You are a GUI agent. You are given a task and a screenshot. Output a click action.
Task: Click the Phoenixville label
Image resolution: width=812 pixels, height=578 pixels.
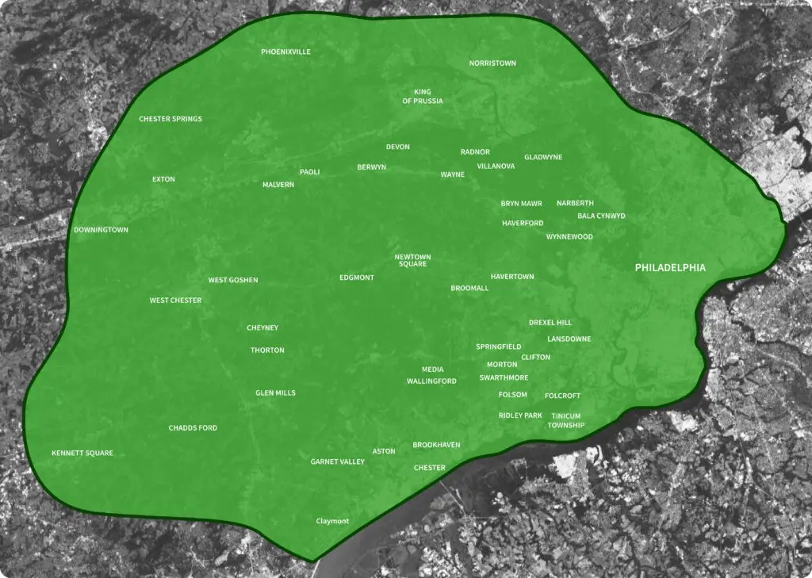(x=285, y=52)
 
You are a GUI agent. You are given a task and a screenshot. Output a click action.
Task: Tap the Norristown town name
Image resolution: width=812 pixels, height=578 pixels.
(x=492, y=63)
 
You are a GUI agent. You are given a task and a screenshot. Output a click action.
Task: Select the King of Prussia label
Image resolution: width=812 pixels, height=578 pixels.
(x=423, y=97)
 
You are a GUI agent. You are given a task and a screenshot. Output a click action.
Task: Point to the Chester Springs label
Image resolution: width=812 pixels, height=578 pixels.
(x=170, y=119)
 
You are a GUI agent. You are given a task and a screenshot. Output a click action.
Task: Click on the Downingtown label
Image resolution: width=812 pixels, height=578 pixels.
(x=101, y=230)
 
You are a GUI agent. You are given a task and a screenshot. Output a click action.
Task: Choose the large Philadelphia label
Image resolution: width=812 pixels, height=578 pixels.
(x=670, y=268)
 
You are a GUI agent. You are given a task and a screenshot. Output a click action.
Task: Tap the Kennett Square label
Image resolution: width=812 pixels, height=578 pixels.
(x=82, y=454)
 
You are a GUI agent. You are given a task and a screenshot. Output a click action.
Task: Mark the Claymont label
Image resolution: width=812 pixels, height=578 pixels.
(x=332, y=521)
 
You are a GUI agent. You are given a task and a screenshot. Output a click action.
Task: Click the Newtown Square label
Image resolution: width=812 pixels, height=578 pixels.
(x=413, y=260)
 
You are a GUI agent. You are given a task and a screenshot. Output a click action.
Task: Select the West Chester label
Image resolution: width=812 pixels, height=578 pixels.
(x=175, y=300)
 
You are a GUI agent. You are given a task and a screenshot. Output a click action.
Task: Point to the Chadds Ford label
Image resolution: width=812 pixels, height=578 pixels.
(x=193, y=428)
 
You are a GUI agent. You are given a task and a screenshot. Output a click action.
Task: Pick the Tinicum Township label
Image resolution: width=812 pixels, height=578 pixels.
(x=566, y=421)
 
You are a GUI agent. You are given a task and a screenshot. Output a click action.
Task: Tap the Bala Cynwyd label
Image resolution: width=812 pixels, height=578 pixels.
(x=601, y=216)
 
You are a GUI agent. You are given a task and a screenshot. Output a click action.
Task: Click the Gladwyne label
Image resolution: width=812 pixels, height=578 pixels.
(x=543, y=157)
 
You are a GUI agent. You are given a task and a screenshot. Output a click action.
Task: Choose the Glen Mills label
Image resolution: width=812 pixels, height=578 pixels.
(x=275, y=392)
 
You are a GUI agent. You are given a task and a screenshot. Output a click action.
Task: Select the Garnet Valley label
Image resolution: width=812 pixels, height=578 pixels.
(x=338, y=461)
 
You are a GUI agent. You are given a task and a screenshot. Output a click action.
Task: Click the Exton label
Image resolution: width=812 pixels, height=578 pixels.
(x=163, y=179)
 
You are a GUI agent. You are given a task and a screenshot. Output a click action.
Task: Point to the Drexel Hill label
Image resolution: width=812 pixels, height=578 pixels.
(x=550, y=323)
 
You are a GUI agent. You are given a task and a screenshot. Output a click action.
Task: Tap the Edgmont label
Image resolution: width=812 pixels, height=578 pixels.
(x=357, y=278)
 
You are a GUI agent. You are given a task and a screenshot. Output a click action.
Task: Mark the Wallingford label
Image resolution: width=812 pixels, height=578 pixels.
(x=431, y=381)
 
